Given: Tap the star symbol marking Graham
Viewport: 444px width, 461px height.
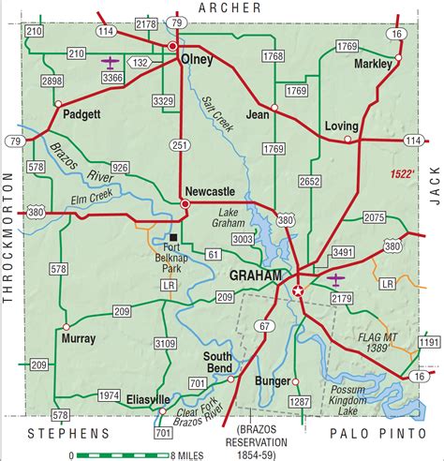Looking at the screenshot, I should [299, 291].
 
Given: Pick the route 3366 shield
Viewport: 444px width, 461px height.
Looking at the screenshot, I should [111, 79].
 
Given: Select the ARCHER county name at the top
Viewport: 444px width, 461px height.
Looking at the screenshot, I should [225, 7].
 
